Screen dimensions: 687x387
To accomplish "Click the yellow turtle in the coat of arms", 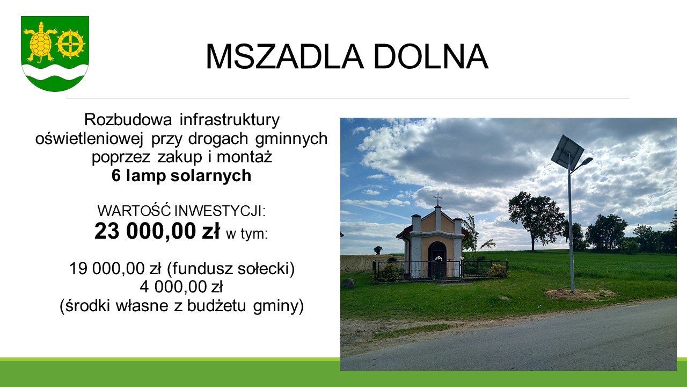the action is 40,42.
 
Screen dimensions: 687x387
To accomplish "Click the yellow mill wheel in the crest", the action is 70,44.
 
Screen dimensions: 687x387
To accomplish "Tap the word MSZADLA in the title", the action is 284,57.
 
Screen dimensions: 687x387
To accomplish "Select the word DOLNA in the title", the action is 430,57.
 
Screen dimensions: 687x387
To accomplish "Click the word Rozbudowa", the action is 128,119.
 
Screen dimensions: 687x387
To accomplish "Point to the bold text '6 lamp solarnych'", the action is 181,176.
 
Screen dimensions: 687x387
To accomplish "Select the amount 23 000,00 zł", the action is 157,231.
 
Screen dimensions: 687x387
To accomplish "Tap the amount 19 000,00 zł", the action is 115,268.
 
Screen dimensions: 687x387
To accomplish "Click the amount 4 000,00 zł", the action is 181,287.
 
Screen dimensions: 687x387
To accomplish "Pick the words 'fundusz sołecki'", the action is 231,269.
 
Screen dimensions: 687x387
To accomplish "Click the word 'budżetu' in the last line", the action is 216,306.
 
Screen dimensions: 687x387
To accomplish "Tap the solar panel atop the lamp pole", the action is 567,151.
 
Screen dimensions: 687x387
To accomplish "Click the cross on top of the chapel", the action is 437,199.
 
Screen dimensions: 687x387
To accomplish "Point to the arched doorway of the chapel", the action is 437,258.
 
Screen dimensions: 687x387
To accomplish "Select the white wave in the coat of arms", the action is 55,72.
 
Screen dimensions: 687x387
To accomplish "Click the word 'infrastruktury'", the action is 230,119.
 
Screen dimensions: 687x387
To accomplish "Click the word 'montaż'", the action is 244,157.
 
